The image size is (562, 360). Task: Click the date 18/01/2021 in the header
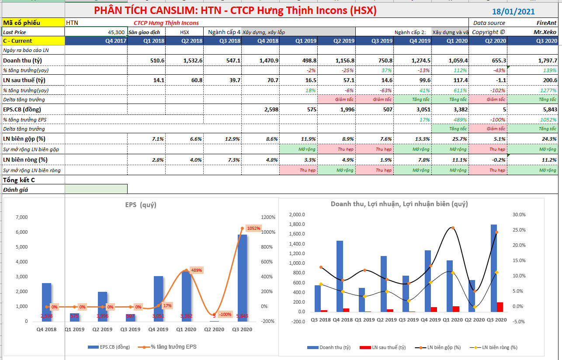click(513, 12)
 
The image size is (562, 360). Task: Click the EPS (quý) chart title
click(140, 204)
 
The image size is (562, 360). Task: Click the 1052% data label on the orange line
click(253, 228)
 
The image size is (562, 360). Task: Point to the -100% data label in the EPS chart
click(225, 315)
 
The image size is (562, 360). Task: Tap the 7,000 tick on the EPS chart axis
click(21, 218)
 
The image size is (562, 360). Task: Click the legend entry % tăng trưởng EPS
click(173, 347)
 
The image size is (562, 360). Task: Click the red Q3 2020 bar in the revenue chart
click(500, 307)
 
